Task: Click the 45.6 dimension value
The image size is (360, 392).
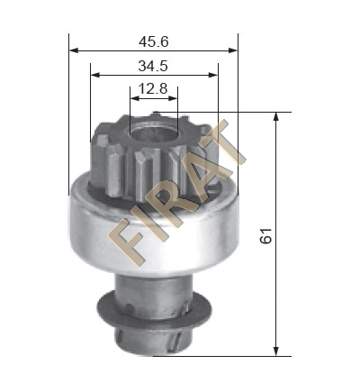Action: pos(154,41)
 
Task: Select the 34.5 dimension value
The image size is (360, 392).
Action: pos(153,66)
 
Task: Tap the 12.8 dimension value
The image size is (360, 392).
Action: pos(153,89)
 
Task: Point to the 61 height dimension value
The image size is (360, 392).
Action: pos(265,236)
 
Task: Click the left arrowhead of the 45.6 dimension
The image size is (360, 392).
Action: pos(74,50)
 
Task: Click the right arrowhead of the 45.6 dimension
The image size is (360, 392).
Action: pos(233,50)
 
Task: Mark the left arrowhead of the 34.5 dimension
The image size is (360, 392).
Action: pos(95,75)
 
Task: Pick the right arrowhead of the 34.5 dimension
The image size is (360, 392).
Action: pos(213,75)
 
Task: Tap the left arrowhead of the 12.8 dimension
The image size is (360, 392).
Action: pos(135,98)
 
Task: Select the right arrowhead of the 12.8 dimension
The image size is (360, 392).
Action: pos(173,98)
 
